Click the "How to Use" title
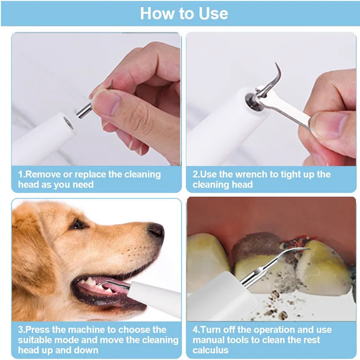184,13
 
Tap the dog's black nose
156,231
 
